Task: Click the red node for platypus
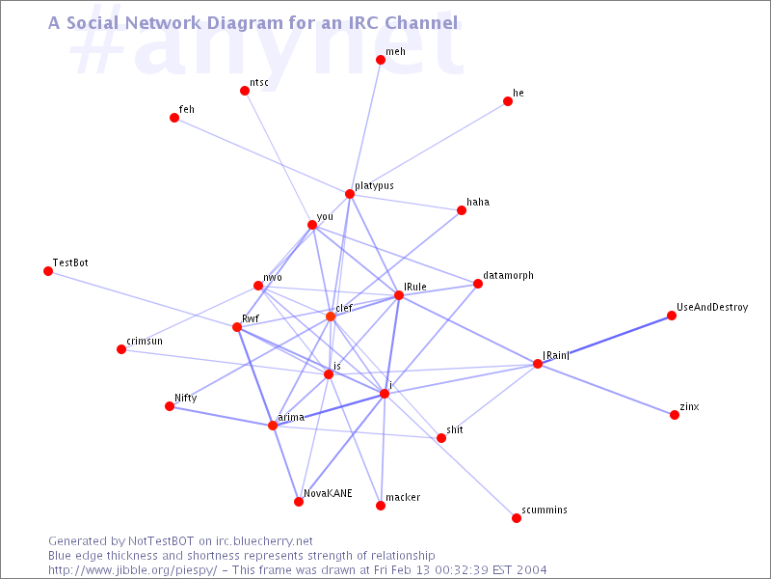[x=350, y=194]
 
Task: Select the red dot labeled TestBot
[x=48, y=271]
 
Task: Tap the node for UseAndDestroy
[x=672, y=316]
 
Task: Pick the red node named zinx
[x=675, y=415]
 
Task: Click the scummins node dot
[x=517, y=518]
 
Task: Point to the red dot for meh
[x=381, y=60]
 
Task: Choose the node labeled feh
[x=174, y=118]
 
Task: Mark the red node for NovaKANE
[x=299, y=502]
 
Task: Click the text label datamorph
[x=508, y=276]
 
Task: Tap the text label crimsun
[x=145, y=342]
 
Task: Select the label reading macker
[x=403, y=497]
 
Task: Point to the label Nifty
[x=186, y=399]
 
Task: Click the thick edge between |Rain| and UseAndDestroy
[x=605, y=340]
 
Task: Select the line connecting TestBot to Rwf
[x=143, y=299]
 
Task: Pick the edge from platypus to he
[x=429, y=148]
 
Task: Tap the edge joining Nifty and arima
[x=222, y=416]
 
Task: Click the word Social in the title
[x=93, y=22]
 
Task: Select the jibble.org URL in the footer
[x=133, y=570]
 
